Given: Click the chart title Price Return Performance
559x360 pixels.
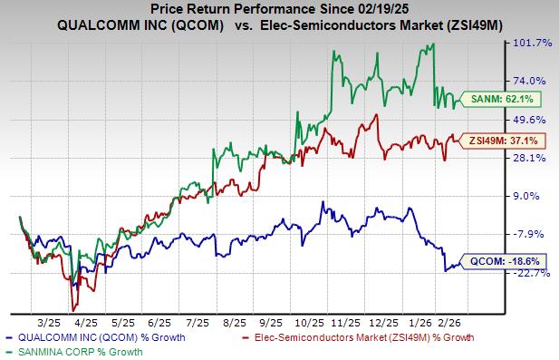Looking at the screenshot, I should tap(278, 8).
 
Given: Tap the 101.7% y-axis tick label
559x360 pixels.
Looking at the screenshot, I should tap(533, 43).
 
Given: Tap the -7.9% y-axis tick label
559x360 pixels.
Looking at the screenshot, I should tap(533, 234).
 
